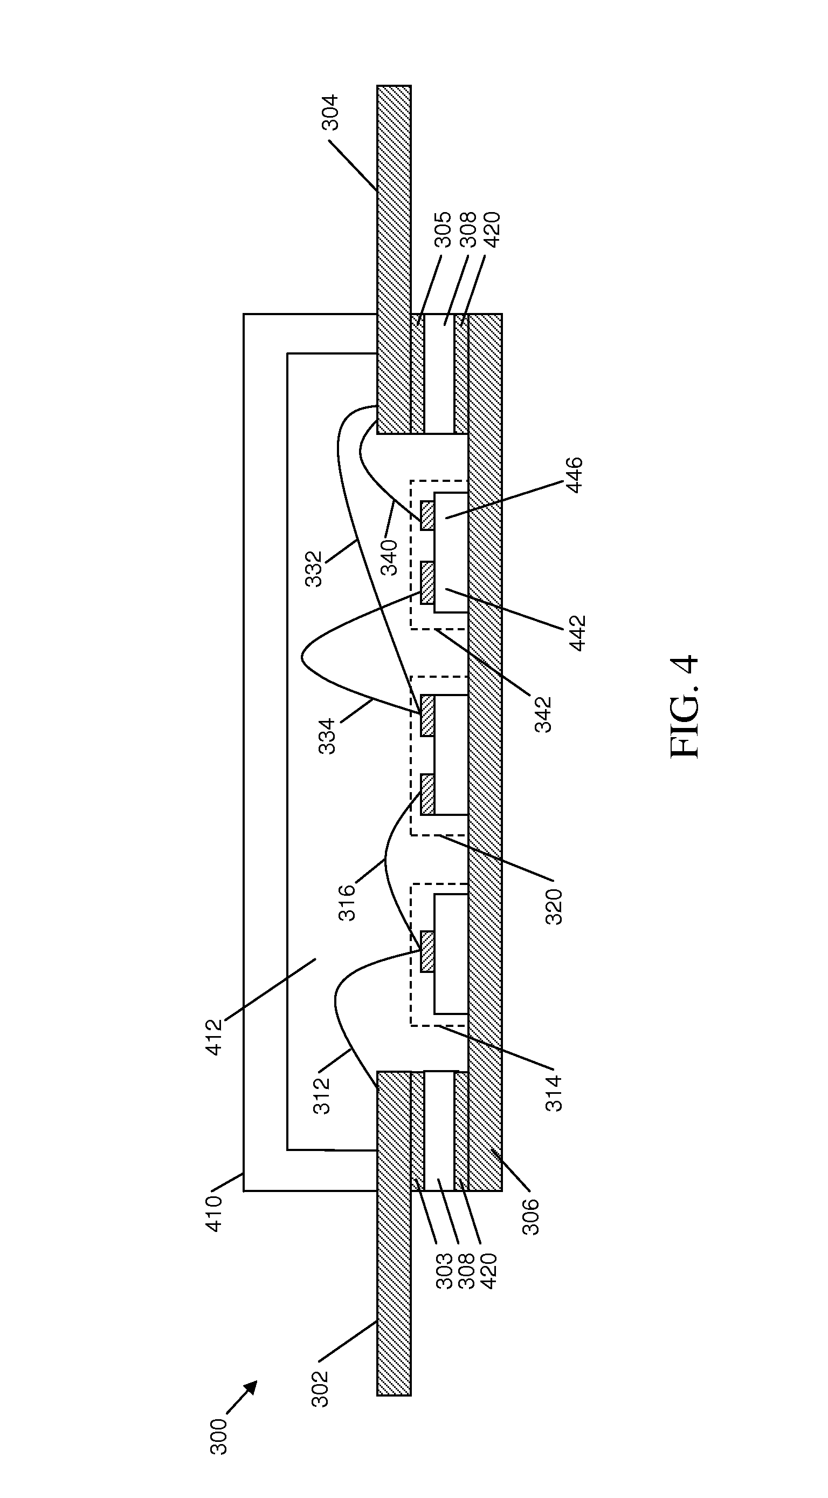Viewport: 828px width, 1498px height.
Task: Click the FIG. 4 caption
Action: click(684, 706)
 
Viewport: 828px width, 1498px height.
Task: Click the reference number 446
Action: click(574, 475)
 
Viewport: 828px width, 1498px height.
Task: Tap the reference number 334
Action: click(328, 737)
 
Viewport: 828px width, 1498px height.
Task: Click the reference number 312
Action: click(321, 1096)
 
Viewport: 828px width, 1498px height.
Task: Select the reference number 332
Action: click(314, 569)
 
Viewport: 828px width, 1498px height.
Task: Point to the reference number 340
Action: click(389, 557)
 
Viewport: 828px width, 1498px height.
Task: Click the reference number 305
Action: click(443, 230)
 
